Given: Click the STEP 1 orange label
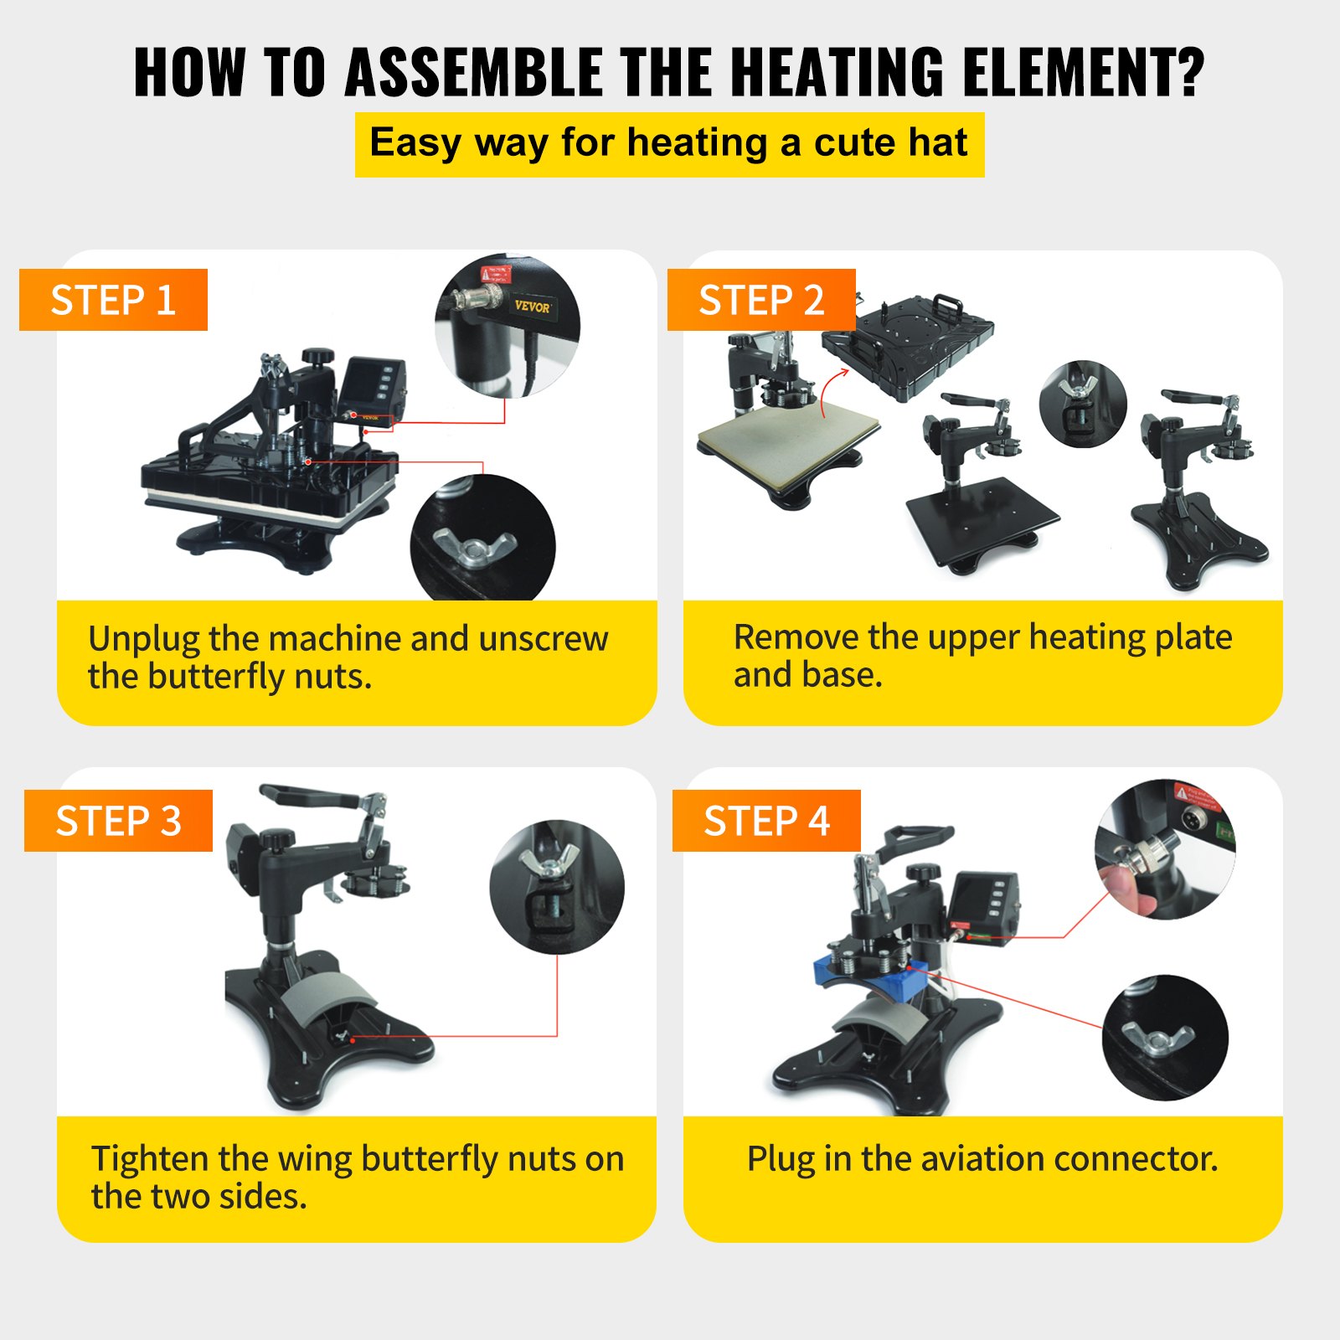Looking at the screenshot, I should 113,300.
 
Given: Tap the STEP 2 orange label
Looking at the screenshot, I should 760,300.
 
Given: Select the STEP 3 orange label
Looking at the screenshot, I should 118,821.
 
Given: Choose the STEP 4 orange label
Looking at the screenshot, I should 766,821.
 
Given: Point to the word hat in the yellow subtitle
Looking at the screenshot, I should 938,142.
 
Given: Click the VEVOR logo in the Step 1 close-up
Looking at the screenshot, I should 532,307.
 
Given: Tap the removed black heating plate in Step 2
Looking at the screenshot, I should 909,343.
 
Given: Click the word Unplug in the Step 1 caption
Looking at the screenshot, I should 144,639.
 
